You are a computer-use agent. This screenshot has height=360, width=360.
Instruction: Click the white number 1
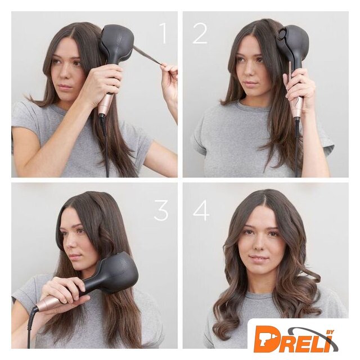164,33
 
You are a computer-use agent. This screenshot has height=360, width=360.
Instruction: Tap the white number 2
200,33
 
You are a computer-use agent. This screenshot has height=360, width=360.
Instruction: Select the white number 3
161,210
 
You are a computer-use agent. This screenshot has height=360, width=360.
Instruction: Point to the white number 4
201,210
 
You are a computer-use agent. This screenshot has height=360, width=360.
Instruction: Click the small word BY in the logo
330,332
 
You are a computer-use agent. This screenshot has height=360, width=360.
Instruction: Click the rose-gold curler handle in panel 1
106,103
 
